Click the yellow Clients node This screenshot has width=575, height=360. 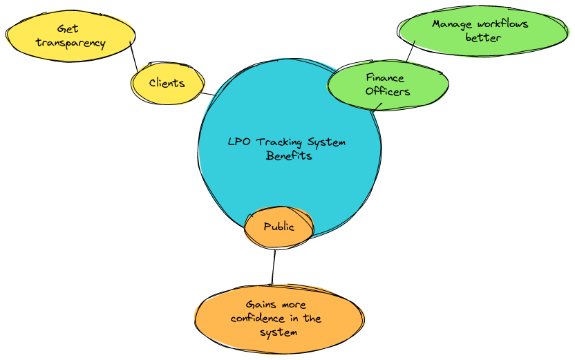click(167, 84)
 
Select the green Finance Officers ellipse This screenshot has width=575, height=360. click(387, 84)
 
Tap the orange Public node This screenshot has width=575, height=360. click(279, 227)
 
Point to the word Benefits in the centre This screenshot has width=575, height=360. click(289, 155)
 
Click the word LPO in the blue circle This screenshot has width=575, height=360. click(239, 142)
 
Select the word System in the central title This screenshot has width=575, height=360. click(327, 142)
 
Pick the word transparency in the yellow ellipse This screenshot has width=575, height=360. click(70, 43)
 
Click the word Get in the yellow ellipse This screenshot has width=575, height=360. click(68, 29)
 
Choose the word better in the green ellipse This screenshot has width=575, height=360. click(483, 37)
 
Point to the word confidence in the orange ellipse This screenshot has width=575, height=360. click(257, 319)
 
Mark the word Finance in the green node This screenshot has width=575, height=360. click(385, 78)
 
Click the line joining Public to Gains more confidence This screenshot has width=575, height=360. click(274, 266)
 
